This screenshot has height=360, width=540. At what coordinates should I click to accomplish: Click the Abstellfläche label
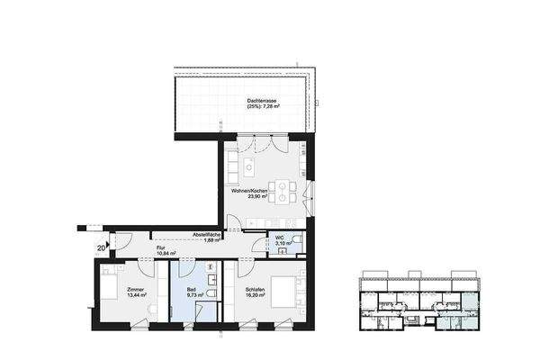207,234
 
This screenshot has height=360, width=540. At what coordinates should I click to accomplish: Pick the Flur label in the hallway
161,247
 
